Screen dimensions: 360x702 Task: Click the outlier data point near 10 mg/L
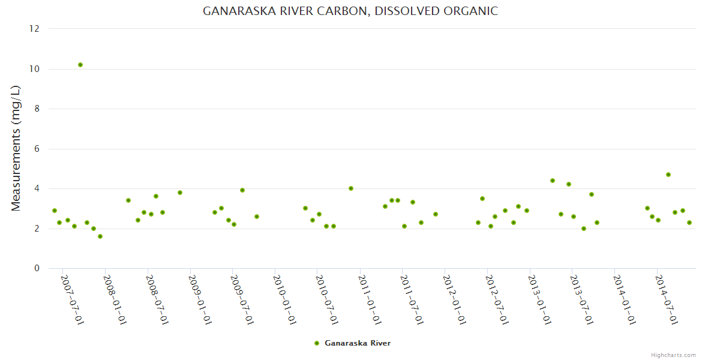80,65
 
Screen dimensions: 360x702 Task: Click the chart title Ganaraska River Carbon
350,11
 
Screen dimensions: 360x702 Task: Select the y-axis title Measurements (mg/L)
16,148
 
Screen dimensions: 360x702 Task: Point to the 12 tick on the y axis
34,29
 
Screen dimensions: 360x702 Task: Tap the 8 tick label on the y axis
37,109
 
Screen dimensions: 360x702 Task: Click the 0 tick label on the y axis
37,268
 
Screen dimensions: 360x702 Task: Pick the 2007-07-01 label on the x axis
72,299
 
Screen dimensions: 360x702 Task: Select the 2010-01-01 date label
284,299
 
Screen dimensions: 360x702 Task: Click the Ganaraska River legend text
358,343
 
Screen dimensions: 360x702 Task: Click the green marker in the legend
317,343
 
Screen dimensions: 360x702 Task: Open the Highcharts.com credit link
673,355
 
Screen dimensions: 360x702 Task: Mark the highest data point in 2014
668,175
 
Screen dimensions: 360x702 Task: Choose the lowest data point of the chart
100,236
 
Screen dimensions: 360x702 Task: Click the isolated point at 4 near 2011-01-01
351,188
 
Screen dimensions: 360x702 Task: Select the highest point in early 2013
553,181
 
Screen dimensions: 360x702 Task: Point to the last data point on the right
689,223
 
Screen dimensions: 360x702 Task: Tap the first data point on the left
55,211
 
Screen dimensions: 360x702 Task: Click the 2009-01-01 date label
199,299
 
